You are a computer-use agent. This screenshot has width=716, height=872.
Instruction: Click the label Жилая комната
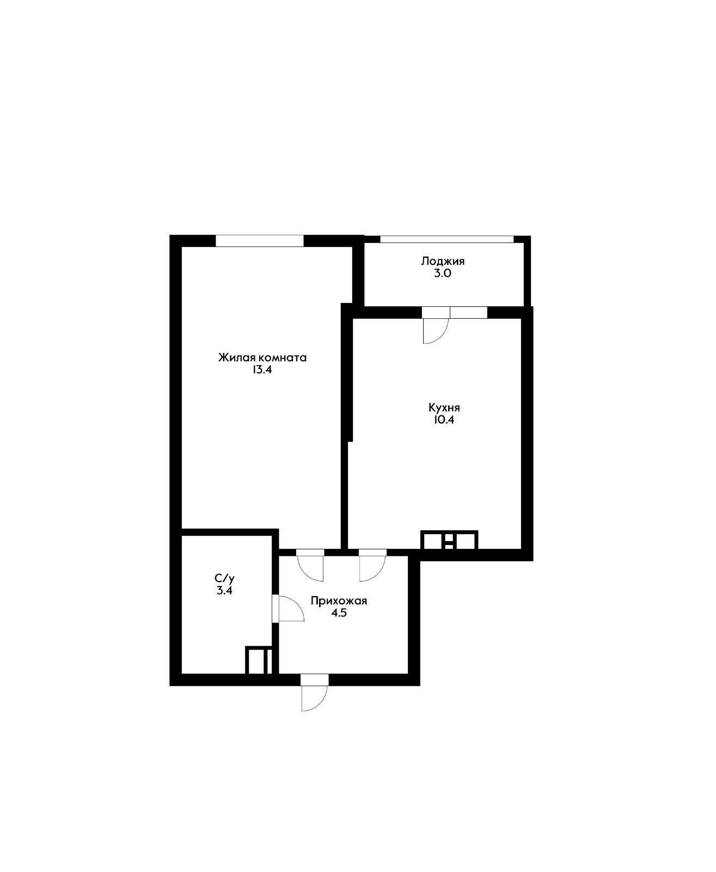(x=262, y=358)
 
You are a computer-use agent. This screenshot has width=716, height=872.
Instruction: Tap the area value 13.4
(x=262, y=370)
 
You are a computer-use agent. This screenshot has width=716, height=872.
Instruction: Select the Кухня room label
(x=444, y=408)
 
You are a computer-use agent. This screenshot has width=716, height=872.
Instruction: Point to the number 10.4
(x=444, y=420)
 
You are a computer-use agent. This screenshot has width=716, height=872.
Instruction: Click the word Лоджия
(x=443, y=261)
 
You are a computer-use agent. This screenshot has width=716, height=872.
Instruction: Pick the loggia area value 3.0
(x=443, y=273)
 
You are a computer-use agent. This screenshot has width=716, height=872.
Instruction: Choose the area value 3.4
(x=225, y=590)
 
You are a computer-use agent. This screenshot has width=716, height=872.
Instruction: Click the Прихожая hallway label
(x=339, y=601)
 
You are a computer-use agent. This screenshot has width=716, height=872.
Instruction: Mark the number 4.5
(x=339, y=613)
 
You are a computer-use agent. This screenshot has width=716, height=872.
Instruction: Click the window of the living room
(x=260, y=241)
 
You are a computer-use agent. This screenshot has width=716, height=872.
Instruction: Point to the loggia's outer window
(x=446, y=239)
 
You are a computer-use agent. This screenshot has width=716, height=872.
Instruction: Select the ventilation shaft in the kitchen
(x=449, y=540)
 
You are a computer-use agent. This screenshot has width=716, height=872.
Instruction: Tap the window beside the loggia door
(x=468, y=313)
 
